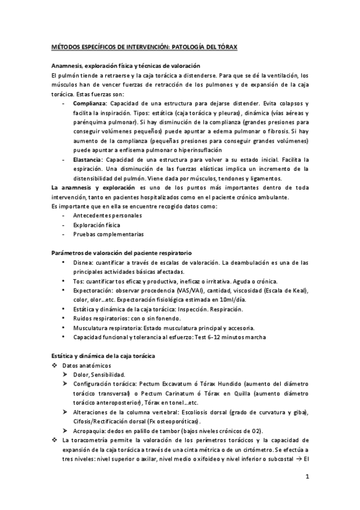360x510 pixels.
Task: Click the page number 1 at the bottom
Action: click(x=307, y=478)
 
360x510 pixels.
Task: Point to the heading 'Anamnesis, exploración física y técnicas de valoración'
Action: click(x=125, y=66)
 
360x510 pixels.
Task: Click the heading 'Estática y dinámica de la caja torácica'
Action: click(x=103, y=355)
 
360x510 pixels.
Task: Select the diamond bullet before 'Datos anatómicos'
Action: click(x=54, y=365)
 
